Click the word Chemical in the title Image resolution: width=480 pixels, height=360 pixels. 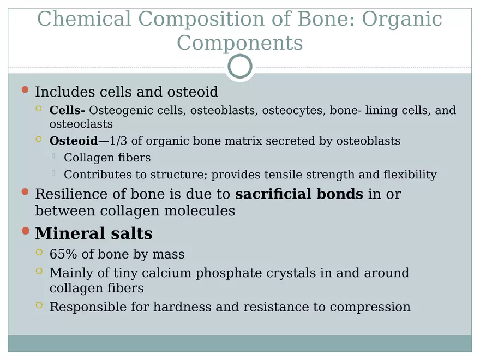(x=84, y=19)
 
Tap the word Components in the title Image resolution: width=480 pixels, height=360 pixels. (x=239, y=43)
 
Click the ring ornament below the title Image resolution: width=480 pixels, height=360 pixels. (x=240, y=67)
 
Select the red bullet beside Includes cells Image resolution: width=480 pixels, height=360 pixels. (x=25, y=89)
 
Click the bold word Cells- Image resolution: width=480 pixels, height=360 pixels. (x=67, y=111)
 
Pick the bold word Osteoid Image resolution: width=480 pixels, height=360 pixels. (x=73, y=141)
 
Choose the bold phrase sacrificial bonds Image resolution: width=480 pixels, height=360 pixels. (x=299, y=194)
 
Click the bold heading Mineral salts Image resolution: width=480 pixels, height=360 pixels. (x=94, y=234)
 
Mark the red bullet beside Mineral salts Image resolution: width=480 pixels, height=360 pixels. (x=25, y=231)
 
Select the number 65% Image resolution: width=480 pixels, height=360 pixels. (x=62, y=255)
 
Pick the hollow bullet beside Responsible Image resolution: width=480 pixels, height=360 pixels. (x=39, y=305)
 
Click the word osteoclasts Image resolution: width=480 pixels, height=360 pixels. (x=81, y=124)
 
